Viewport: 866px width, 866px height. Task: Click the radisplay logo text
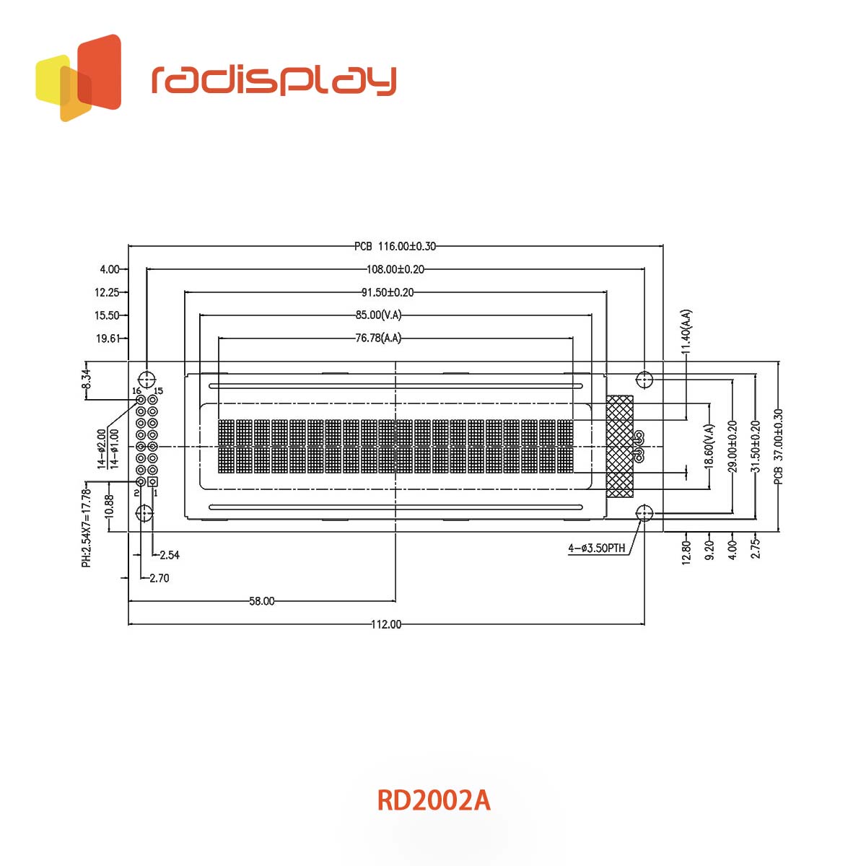(x=274, y=80)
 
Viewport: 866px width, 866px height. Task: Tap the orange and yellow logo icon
(x=79, y=78)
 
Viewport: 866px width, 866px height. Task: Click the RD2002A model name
(x=433, y=800)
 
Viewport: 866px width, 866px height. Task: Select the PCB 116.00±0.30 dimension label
(x=395, y=246)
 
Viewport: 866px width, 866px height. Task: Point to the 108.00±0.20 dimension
(x=395, y=269)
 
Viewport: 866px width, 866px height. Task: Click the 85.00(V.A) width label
(x=378, y=315)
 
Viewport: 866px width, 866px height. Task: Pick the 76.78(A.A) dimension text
(x=378, y=338)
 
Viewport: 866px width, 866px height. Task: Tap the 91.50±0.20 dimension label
(x=388, y=292)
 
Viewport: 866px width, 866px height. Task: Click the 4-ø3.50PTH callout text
(x=596, y=548)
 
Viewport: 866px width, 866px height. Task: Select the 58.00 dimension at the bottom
(x=261, y=601)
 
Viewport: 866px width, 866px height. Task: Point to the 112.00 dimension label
(x=386, y=624)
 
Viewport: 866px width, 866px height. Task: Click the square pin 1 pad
(x=153, y=481)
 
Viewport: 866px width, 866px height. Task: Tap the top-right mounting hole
(x=644, y=379)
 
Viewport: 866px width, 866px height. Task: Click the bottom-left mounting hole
(x=145, y=513)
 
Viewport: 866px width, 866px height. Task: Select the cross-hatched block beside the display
(x=620, y=446)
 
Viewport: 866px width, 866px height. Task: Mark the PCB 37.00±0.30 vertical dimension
(x=778, y=446)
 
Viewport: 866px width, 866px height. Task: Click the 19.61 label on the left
(x=108, y=338)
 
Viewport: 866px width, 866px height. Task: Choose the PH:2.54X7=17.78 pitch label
(x=86, y=528)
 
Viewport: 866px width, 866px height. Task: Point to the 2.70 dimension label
(x=159, y=578)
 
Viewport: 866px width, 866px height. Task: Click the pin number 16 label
(x=136, y=390)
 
